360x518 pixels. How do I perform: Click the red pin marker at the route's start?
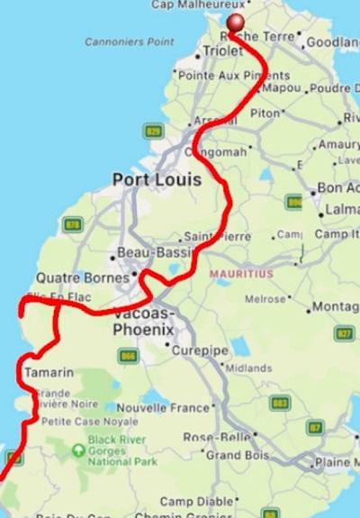237,23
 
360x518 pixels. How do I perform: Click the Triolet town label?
222,52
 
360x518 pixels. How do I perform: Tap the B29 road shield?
154,132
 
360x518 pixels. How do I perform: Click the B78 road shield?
73,224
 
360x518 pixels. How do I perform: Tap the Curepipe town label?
196,350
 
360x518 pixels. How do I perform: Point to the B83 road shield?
280,403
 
